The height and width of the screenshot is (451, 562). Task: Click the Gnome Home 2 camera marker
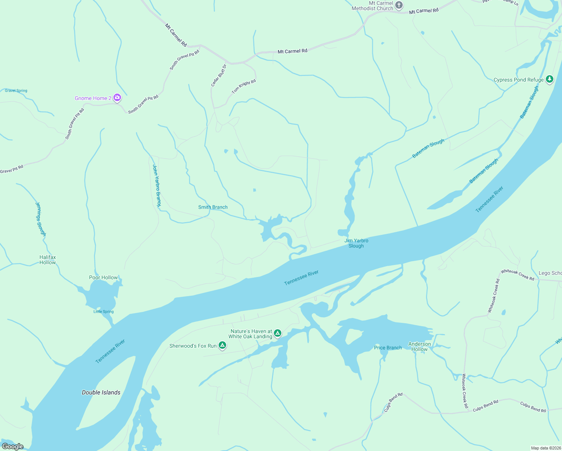117,98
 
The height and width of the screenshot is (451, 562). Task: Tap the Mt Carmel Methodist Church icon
399,5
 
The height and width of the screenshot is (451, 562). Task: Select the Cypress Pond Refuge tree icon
550,79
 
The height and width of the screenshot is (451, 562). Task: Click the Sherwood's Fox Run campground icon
222,345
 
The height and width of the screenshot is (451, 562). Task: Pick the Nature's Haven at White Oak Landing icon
278,333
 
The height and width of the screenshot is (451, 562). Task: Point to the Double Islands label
101,392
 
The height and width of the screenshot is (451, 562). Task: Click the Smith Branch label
213,207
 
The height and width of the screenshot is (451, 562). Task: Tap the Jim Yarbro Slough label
356,243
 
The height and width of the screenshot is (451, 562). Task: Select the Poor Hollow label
103,277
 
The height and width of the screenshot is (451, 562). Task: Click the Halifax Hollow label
48,260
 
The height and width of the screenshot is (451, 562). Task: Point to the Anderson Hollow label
420,347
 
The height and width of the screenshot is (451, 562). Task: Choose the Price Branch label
388,348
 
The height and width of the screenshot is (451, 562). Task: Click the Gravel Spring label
16,91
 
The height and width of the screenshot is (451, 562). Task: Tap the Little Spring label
103,312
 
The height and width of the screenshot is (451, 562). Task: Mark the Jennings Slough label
41,219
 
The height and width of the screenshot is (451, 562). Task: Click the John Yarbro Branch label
157,185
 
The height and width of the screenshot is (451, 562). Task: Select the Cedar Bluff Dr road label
219,75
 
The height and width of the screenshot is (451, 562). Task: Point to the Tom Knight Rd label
244,86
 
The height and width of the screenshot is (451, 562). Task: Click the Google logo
13,446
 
